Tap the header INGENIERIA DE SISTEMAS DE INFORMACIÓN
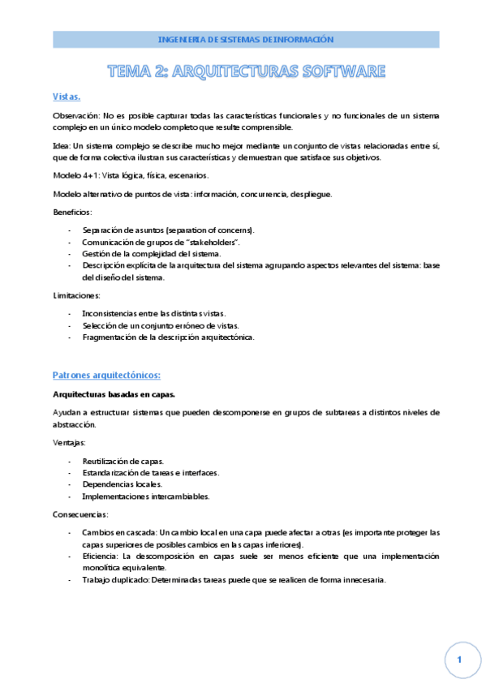pyautogui.click(x=246, y=39)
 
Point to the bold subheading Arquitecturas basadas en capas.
pyautogui.click(x=113, y=394)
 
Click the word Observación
pyautogui.click(x=75, y=116)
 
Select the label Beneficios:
pyautogui.click(x=72, y=212)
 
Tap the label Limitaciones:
pyautogui.click(x=75, y=295)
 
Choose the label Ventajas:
pyautogui.click(x=69, y=443)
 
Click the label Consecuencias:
pyautogui.click(x=80, y=514)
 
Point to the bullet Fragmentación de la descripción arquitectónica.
pyautogui.click(x=168, y=337)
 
